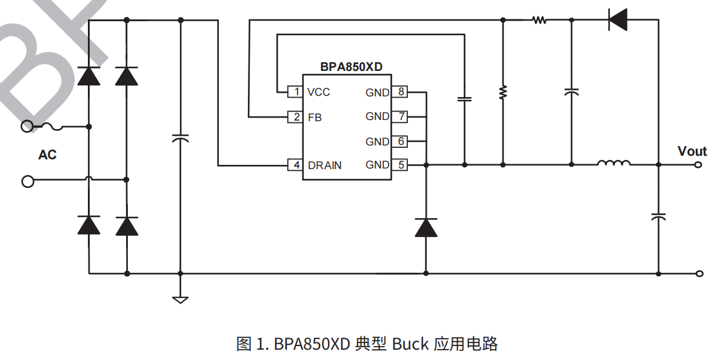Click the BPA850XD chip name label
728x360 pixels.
click(351, 67)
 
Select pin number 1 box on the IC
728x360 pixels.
click(296, 92)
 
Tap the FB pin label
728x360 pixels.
click(315, 118)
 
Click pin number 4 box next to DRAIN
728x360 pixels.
click(296, 165)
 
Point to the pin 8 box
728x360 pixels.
click(400, 92)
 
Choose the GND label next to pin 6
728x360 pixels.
click(377, 142)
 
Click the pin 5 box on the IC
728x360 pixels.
click(400, 165)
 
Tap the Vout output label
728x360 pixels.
click(692, 152)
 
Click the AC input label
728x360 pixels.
click(47, 155)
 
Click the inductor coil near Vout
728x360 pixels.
click(613, 163)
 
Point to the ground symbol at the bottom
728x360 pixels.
click(180, 299)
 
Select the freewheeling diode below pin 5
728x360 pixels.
click(426, 227)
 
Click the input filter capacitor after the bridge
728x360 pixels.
click(180, 139)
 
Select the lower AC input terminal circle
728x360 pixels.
click(27, 181)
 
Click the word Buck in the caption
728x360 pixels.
click(410, 344)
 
